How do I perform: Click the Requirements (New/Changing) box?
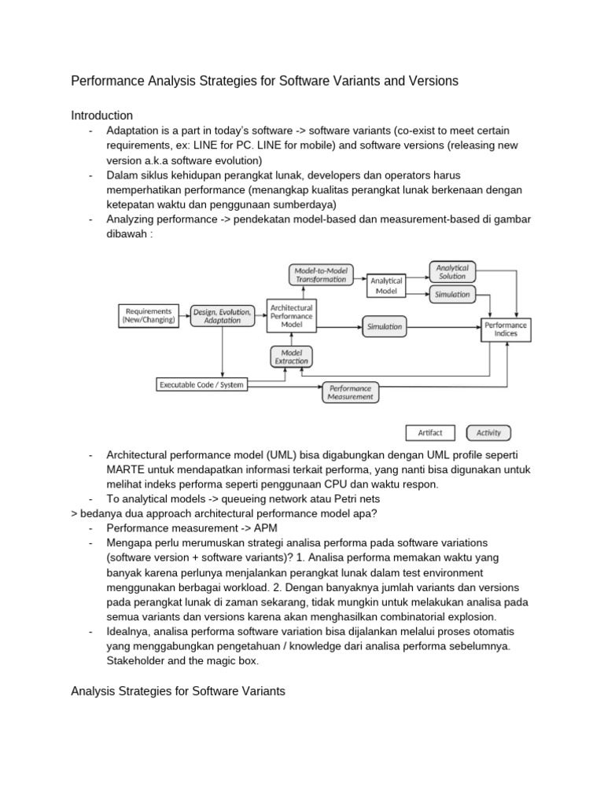[x=149, y=316]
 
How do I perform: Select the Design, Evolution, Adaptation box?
[x=223, y=316]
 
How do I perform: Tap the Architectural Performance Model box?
[x=291, y=316]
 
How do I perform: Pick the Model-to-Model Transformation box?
[x=321, y=274]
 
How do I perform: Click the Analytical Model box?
[x=386, y=285]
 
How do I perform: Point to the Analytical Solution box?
[x=452, y=272]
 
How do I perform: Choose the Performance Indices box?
[x=506, y=329]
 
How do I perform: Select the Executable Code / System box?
[x=202, y=384]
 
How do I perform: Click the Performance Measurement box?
[x=351, y=392]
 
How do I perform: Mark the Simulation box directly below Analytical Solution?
[x=452, y=294]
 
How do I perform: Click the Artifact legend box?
[x=430, y=432]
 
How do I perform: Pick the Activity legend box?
[x=488, y=432]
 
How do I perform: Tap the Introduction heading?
[x=102, y=116]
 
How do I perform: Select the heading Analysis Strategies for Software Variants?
[x=178, y=691]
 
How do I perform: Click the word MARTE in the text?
[x=124, y=469]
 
